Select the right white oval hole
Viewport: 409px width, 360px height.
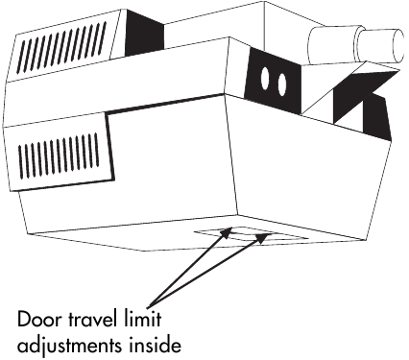coord(283,85)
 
